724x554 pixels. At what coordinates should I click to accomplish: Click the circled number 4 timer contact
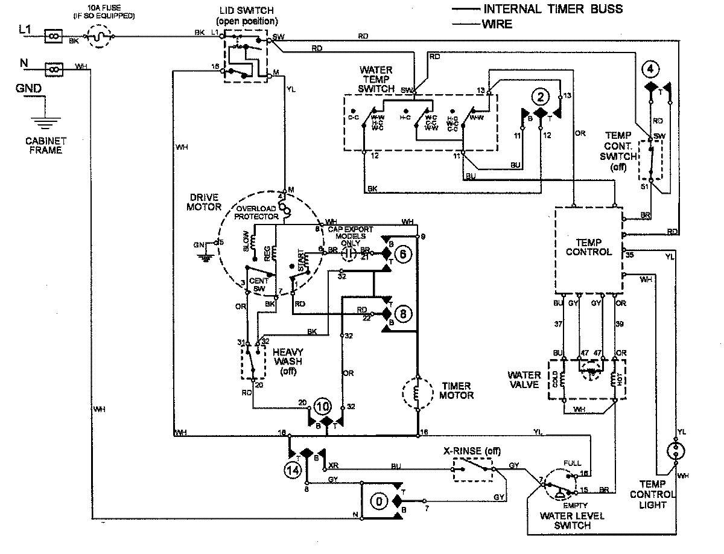[x=649, y=69]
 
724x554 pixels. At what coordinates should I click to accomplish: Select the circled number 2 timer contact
[x=541, y=97]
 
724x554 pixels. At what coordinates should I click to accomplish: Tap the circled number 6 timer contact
[x=405, y=254]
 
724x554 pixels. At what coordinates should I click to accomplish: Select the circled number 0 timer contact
[x=379, y=501]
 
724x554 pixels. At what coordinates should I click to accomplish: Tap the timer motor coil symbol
[x=418, y=392]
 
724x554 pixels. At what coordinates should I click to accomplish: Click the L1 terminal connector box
[x=53, y=37]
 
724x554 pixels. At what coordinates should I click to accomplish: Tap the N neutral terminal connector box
[x=53, y=69]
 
